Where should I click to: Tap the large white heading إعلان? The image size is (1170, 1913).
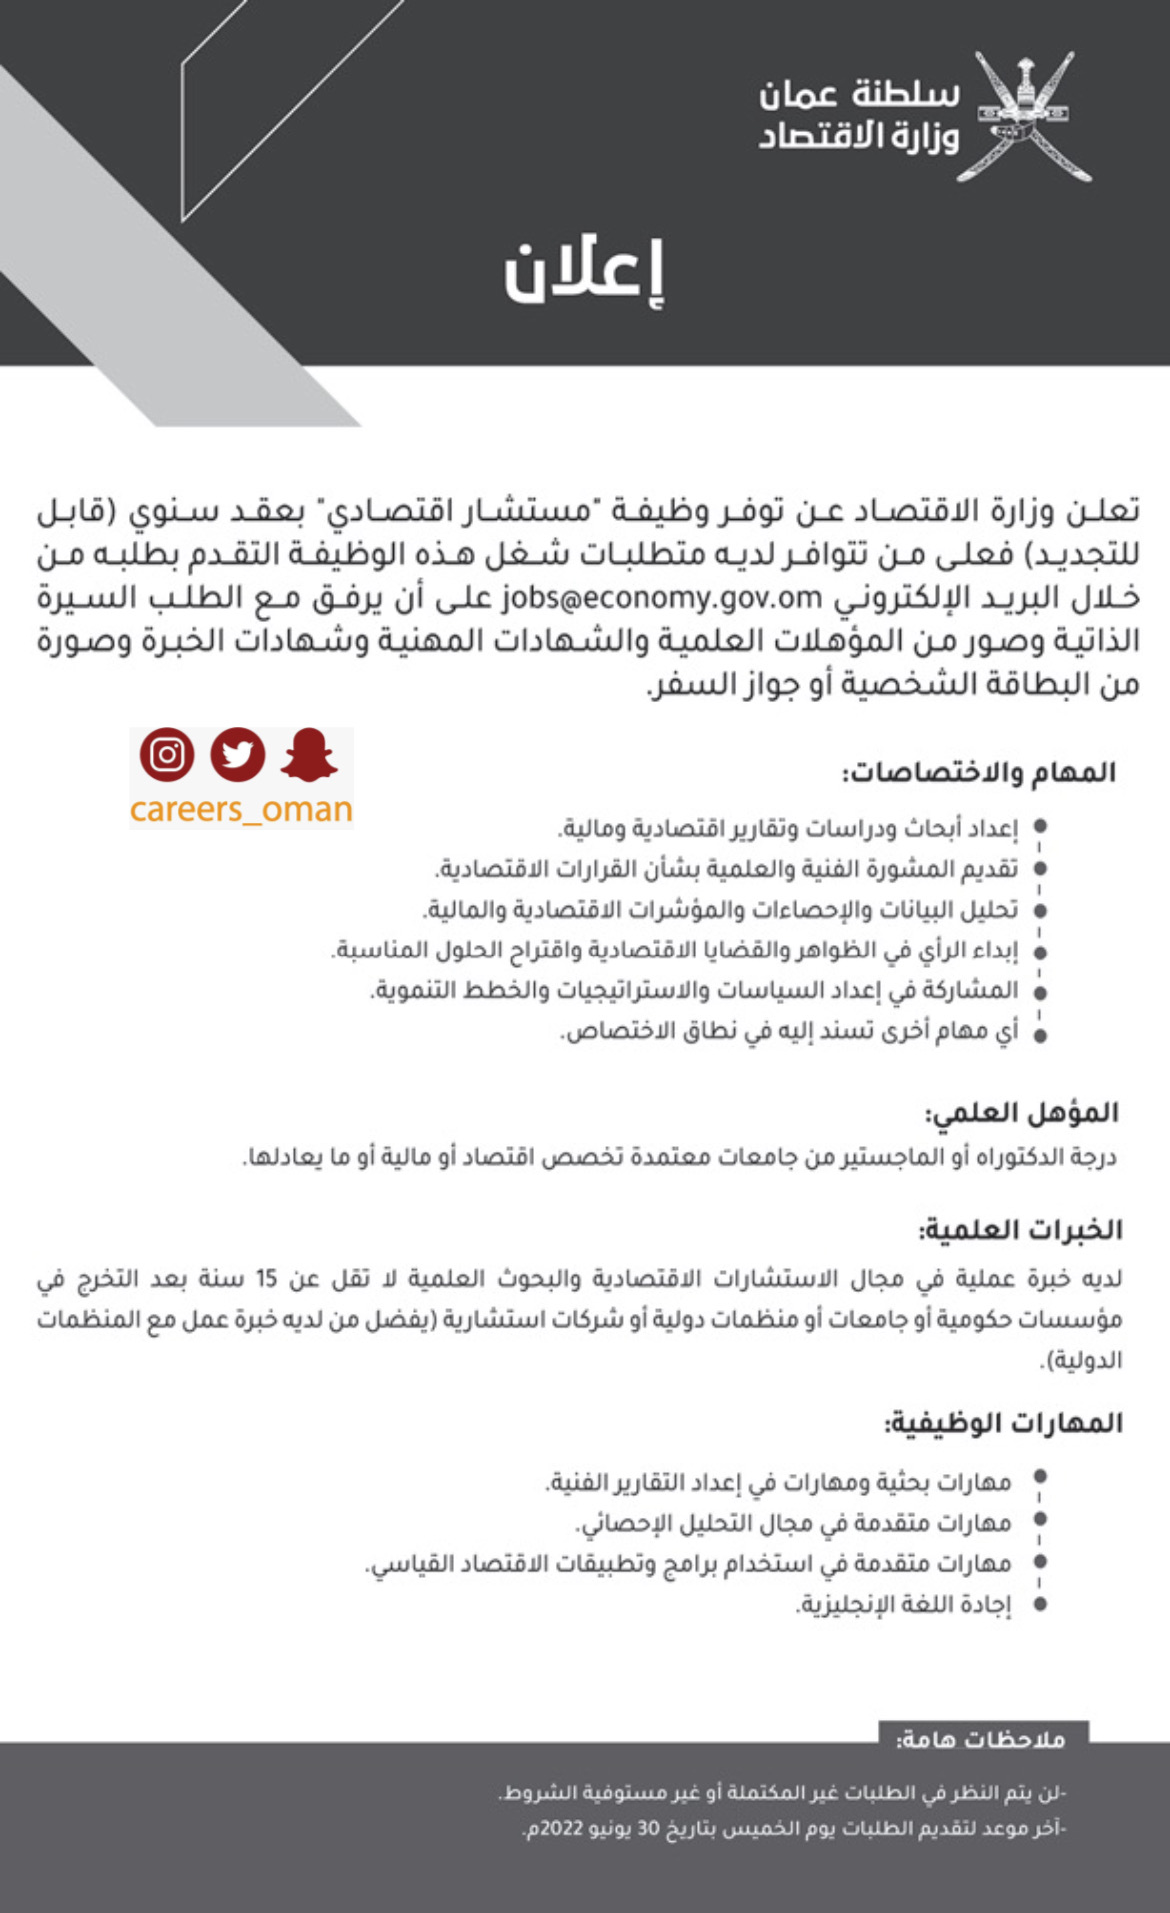tap(584, 272)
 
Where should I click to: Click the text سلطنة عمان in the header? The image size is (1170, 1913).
tap(859, 94)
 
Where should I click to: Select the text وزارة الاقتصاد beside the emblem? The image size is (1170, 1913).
tap(859, 136)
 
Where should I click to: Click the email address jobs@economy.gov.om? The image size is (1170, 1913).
tap(661, 597)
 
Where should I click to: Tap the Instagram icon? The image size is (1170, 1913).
tap(166, 755)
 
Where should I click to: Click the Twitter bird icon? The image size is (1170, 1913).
tap(237, 755)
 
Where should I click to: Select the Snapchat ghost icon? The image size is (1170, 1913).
tap(309, 755)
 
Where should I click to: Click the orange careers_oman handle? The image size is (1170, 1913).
tap(241, 809)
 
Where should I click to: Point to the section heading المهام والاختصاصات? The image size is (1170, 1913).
tap(978, 772)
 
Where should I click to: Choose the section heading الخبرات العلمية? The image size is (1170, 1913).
tap(1020, 1230)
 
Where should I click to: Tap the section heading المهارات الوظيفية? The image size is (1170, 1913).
tap(1003, 1423)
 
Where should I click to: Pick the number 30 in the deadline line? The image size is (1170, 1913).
tap(649, 1829)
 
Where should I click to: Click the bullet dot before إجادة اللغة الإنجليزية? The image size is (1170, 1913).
tap(1040, 1604)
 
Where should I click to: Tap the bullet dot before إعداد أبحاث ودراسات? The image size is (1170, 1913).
tap(1040, 827)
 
